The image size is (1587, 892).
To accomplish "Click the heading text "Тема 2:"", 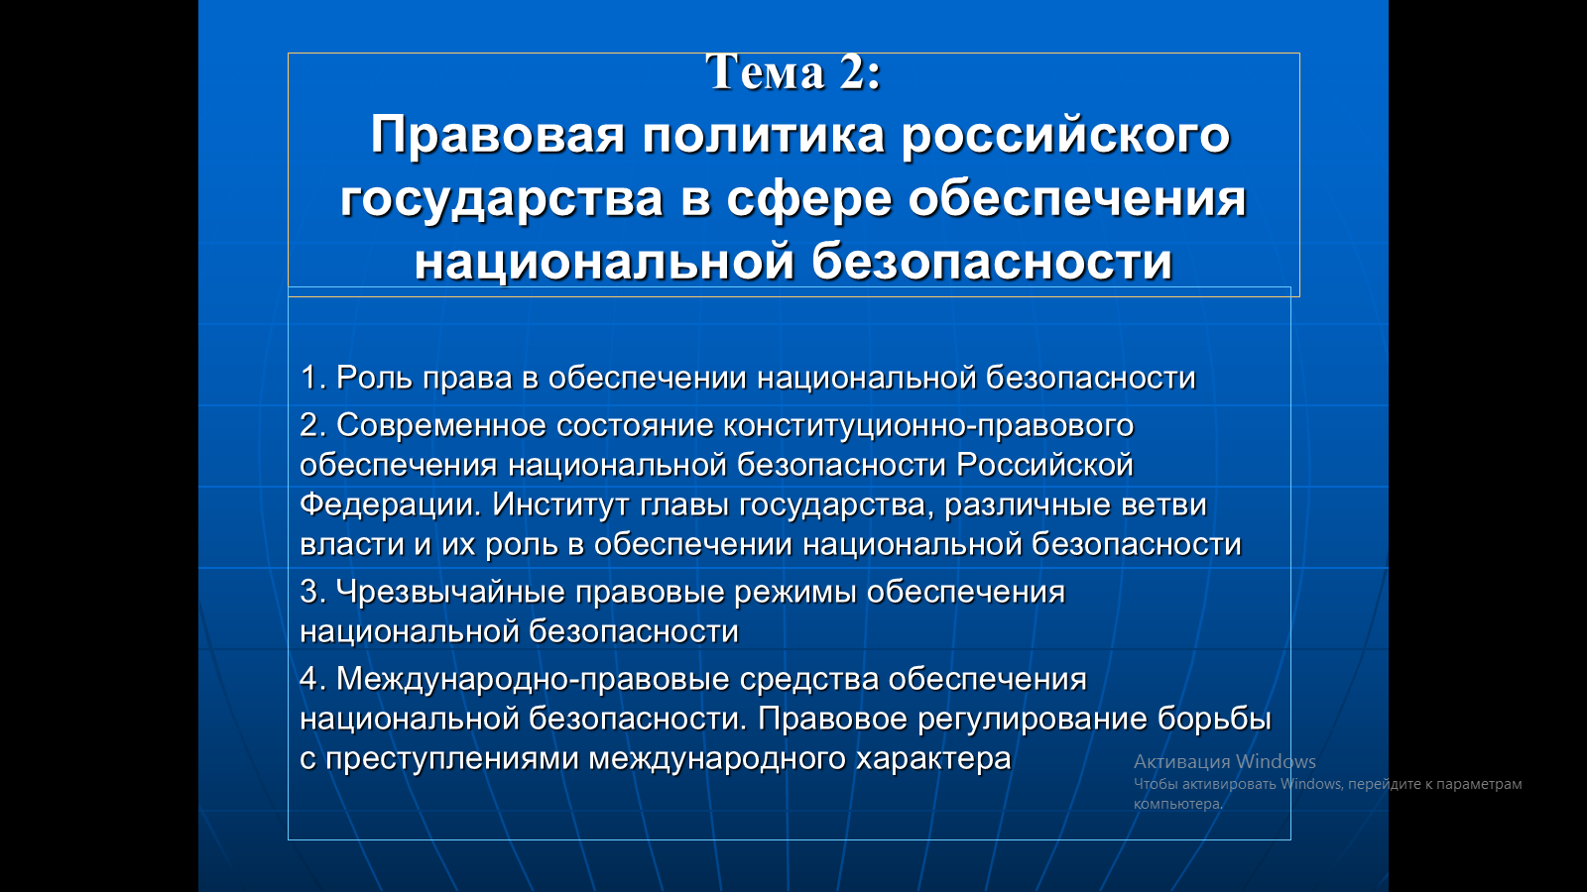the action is (x=793, y=71).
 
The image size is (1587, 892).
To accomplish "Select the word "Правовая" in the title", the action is (x=498, y=135).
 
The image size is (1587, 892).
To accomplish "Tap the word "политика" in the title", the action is (x=764, y=135).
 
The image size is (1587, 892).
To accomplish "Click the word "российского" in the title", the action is (x=1065, y=135).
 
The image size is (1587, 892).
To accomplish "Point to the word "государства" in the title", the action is (x=502, y=199).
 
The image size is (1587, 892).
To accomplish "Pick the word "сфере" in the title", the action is (x=809, y=199).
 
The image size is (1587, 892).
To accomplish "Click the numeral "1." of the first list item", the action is (x=313, y=378).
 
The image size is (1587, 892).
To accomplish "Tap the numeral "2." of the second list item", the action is (x=313, y=425).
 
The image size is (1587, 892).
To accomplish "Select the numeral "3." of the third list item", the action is (x=313, y=592).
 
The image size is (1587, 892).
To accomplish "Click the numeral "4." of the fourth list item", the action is (x=313, y=679).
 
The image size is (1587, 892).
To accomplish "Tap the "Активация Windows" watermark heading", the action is (x=1225, y=762).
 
